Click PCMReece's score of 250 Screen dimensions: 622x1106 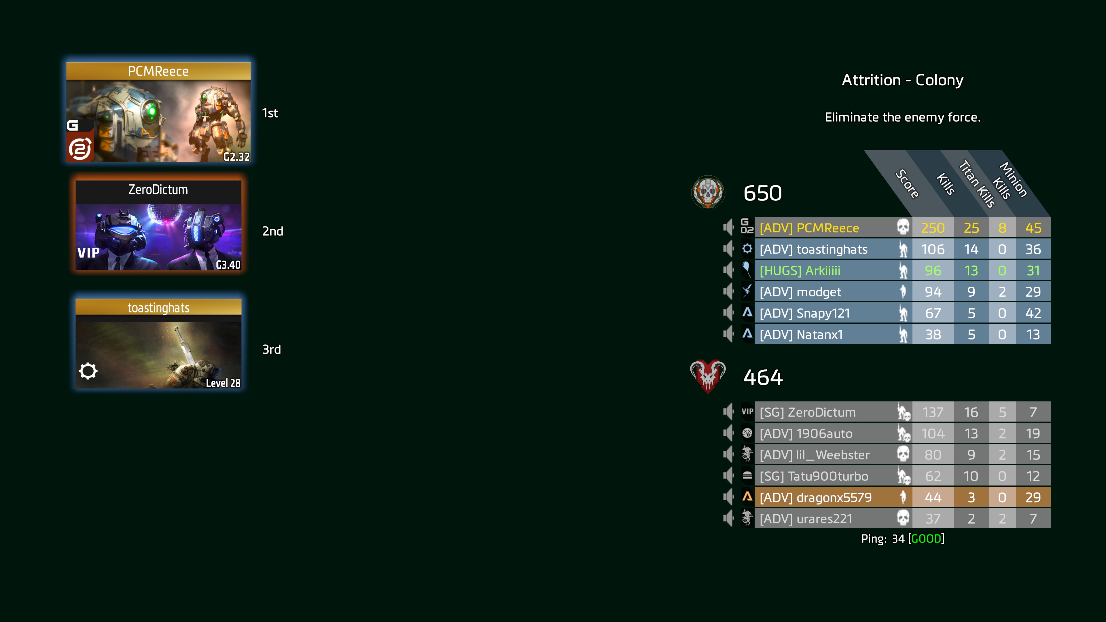[x=933, y=228]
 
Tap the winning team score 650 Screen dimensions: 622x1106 [x=762, y=193]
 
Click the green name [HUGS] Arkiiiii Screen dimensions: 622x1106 [x=800, y=271]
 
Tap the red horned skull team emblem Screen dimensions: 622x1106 [x=708, y=376]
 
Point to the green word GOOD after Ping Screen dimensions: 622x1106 [x=926, y=539]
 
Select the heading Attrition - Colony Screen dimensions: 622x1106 [x=902, y=80]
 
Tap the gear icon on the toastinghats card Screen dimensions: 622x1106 [x=88, y=371]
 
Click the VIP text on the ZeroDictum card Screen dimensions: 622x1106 [x=88, y=253]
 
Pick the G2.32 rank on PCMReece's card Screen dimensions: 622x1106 [x=236, y=157]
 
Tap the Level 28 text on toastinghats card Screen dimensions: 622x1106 [x=223, y=383]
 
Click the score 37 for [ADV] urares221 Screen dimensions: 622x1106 [x=933, y=519]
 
